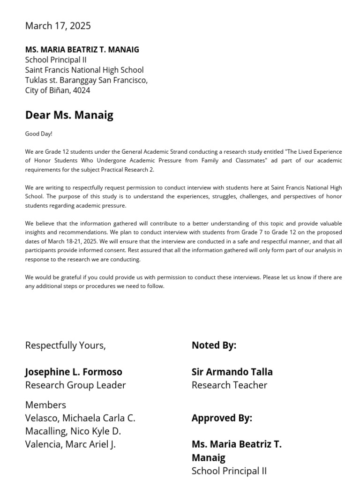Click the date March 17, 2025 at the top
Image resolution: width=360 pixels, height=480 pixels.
58,26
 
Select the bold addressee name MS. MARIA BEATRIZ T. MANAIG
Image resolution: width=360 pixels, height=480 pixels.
82,50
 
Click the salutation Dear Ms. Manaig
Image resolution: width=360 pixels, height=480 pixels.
69,115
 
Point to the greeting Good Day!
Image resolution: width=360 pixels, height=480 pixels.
38,134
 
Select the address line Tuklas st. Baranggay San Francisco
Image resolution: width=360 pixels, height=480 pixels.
86,80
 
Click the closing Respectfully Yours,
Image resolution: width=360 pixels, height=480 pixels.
65,345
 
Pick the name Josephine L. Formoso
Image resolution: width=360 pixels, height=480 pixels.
73,372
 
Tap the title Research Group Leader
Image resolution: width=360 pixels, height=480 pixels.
75,385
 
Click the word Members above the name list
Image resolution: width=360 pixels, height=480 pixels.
45,405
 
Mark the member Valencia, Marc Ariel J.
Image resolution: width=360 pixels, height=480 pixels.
70,444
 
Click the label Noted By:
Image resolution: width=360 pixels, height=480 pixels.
214,345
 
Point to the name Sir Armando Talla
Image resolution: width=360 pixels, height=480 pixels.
232,372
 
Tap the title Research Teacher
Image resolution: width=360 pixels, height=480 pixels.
229,385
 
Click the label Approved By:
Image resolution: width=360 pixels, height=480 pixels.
222,418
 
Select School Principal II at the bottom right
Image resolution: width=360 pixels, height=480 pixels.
229,471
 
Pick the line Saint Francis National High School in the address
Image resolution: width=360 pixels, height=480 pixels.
84,70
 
